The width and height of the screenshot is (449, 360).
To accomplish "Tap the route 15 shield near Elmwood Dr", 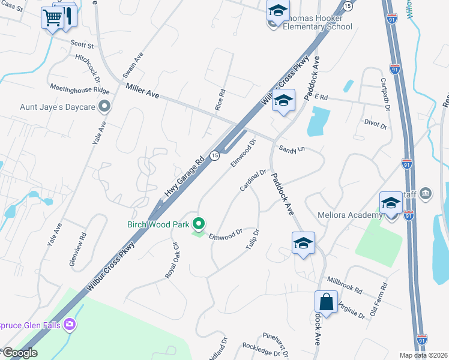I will pyautogui.click(x=214, y=156).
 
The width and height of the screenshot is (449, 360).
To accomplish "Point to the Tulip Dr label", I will pyautogui.click(x=252, y=239).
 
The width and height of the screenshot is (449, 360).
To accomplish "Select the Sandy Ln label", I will pyautogui.click(x=290, y=148).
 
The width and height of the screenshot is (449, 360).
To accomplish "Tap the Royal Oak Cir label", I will pyautogui.click(x=172, y=260).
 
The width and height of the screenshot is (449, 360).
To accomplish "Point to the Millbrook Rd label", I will pyautogui.click(x=345, y=285).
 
